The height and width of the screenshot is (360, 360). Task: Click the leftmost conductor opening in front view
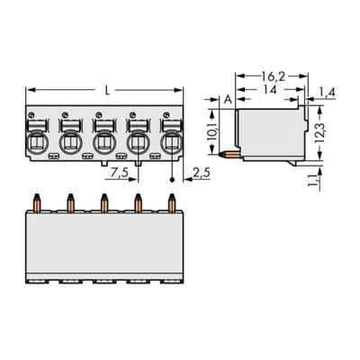click(x=37, y=142)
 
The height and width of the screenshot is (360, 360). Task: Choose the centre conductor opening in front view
click(x=103, y=142)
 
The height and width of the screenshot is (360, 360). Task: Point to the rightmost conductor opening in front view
click(x=170, y=142)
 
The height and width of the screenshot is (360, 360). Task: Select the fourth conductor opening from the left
click(x=137, y=142)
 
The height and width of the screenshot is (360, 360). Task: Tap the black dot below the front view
click(x=173, y=180)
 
